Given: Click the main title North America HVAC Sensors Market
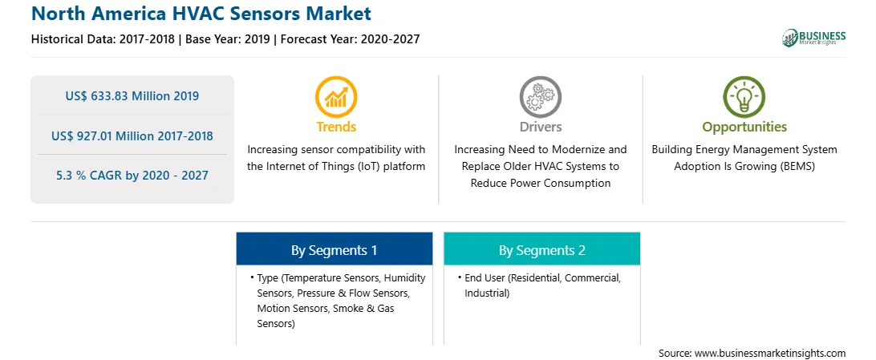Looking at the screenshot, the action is tap(201, 13).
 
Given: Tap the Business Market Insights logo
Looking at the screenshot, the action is tap(813, 38).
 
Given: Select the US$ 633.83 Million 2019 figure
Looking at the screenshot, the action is tap(132, 96).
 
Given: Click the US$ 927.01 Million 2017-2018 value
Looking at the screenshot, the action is tap(132, 136).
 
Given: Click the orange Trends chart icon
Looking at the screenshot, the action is tap(336, 96).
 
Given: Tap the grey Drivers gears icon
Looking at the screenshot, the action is tap(540, 96).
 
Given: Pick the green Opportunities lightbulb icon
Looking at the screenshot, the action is tap(744, 96).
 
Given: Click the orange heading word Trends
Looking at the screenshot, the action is tap(336, 127).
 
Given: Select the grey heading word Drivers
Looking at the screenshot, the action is tap(540, 127).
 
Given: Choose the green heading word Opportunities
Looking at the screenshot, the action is tap(744, 127).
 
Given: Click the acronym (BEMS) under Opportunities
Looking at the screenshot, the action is tap(797, 166).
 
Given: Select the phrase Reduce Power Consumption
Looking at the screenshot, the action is tap(540, 183).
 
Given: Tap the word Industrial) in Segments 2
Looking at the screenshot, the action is tap(487, 293).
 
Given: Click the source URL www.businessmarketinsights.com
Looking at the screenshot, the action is tap(770, 353).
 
